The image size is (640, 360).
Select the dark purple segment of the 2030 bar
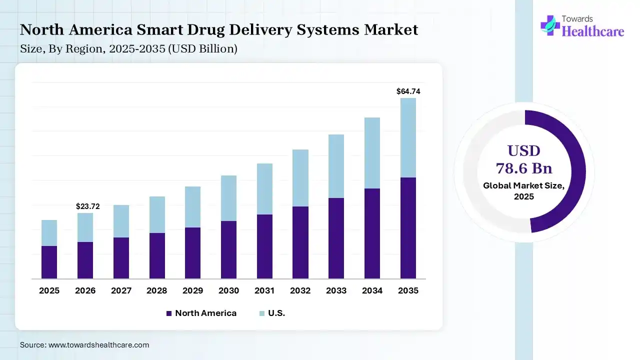(x=228, y=249)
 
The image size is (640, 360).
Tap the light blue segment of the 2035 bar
(x=408, y=137)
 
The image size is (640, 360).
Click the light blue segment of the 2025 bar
(x=49, y=233)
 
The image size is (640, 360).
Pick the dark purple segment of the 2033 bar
(x=336, y=238)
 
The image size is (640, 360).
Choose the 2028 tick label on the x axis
(x=157, y=290)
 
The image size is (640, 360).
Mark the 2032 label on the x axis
(x=300, y=290)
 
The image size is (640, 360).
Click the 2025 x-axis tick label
(x=49, y=290)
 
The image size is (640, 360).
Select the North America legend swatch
(x=169, y=313)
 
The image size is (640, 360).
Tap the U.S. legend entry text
(x=276, y=313)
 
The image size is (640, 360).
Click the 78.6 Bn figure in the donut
(x=524, y=167)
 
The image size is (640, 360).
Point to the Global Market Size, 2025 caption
(x=524, y=191)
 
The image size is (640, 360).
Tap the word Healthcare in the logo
(x=593, y=31)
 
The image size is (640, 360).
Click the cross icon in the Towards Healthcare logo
(x=550, y=25)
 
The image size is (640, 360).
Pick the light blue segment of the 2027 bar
(x=121, y=221)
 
